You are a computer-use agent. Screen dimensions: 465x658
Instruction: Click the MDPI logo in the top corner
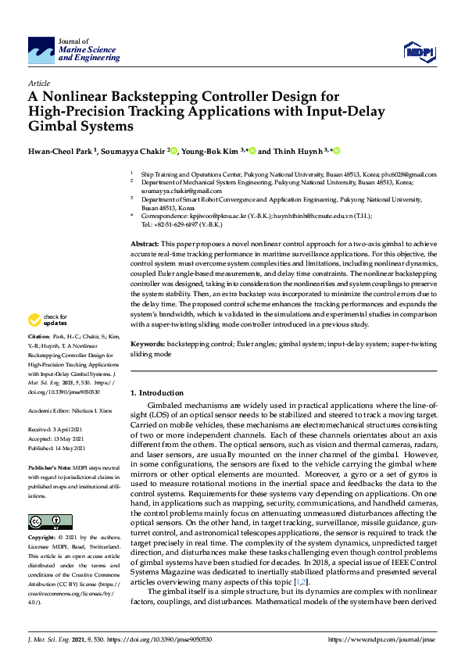point(418,52)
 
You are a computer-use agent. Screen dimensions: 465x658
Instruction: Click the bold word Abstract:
point(144,245)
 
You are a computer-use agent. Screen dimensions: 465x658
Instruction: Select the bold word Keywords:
point(147,344)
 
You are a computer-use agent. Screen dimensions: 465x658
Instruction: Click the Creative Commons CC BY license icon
point(45,521)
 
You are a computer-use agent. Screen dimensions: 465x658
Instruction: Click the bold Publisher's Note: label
point(52,467)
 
